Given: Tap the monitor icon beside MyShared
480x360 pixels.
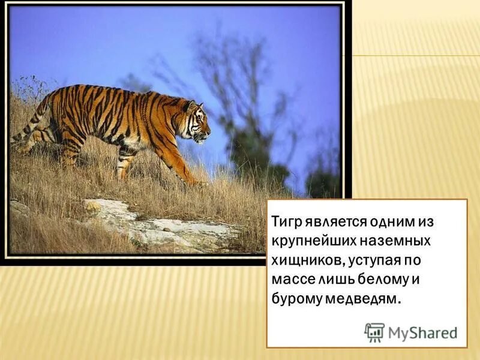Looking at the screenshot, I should [x=374, y=332].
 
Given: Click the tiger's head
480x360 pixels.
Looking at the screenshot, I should [x=197, y=122].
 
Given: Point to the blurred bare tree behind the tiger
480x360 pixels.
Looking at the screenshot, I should [x=240, y=90].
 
